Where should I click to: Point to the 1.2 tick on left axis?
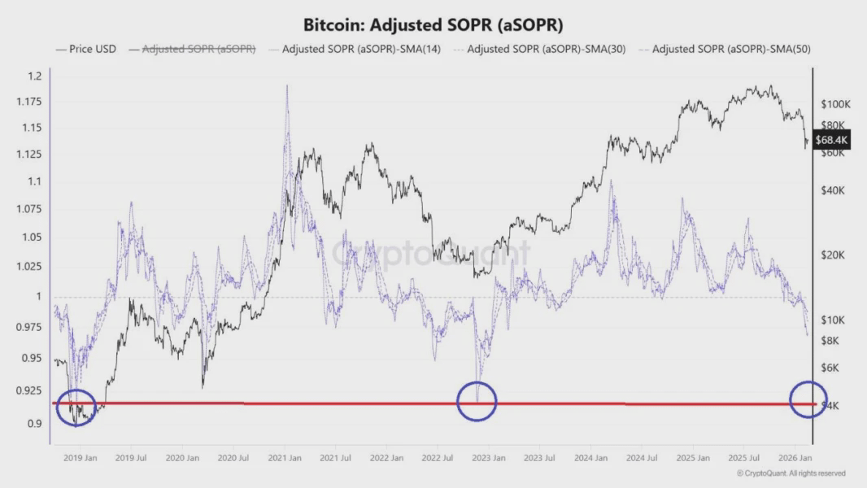coord(34,76)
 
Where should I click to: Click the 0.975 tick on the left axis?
coord(30,327)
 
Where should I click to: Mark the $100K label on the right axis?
coord(835,104)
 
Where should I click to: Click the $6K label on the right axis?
coord(830,368)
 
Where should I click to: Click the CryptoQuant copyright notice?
coord(791,473)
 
